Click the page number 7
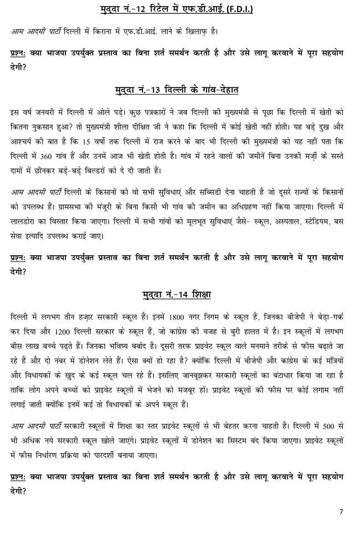(341, 511)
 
